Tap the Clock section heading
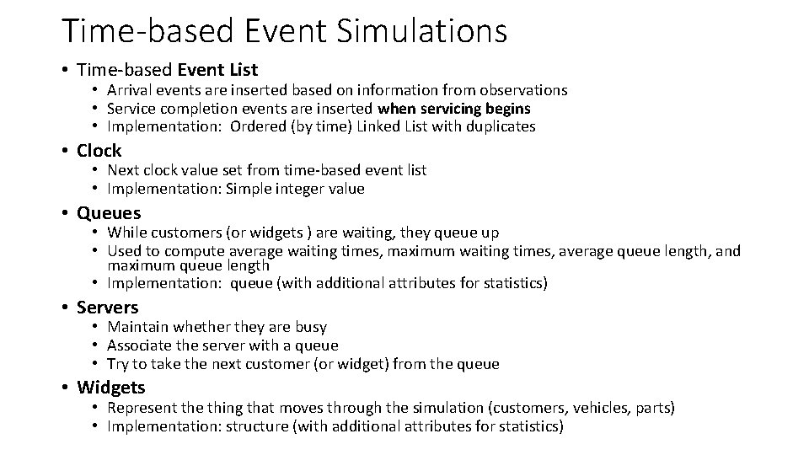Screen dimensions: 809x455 click(x=99, y=151)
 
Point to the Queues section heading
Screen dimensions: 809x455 click(x=109, y=213)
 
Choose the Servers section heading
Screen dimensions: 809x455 click(x=107, y=308)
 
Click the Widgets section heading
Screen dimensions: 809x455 click(x=110, y=388)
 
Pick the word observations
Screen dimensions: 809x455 click(x=522, y=90)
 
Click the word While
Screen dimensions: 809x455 click(x=126, y=233)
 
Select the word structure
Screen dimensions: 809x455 click(x=254, y=426)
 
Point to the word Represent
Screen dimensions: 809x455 click(x=142, y=408)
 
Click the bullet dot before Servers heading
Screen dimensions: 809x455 click(x=66, y=308)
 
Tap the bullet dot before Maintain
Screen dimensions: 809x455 click(x=97, y=327)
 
